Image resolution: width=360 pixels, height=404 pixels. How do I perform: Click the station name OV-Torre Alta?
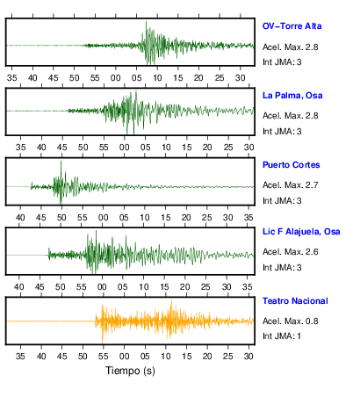point(292,26)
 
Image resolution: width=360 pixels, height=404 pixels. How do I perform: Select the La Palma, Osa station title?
point(292,96)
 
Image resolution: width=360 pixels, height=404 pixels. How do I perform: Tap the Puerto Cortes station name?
point(291,165)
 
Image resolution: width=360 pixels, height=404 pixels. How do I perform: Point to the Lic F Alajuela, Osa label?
point(301,232)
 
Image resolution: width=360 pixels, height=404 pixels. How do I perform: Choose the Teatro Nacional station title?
point(295,301)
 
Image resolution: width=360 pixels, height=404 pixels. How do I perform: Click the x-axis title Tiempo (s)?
point(130,371)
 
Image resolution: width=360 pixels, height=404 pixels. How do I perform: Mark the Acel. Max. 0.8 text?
point(290,321)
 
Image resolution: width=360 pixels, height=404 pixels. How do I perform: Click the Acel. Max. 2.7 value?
point(290,185)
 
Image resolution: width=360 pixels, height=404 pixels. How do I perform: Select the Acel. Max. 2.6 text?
point(290,252)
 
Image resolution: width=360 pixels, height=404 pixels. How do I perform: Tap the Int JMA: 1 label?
point(282,335)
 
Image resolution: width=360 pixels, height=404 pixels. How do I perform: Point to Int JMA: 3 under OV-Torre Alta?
point(282,62)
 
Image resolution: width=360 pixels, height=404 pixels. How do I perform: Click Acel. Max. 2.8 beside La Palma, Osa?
point(290,116)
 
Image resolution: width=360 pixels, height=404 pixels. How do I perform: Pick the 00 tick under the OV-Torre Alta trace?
point(116,78)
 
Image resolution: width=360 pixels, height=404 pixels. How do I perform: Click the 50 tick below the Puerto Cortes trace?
point(61,218)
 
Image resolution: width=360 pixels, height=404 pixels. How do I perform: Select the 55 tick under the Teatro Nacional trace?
point(104,356)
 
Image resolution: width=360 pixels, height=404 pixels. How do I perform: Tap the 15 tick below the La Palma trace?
point(187,147)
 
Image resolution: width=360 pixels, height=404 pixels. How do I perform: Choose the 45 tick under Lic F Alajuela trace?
point(40,286)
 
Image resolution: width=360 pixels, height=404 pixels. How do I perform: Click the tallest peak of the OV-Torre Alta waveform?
point(146,21)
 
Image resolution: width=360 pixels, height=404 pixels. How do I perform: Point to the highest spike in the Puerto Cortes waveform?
point(61,161)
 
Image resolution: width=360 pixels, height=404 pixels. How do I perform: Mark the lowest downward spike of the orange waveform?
point(102,343)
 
